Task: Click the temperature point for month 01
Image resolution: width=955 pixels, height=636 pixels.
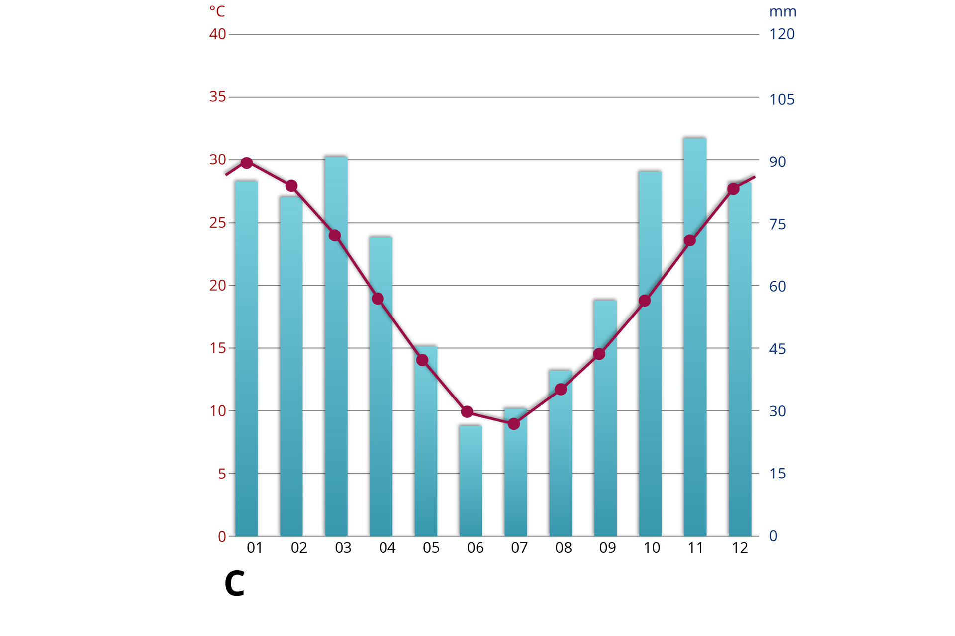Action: [247, 163]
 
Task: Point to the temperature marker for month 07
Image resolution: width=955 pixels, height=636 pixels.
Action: [514, 424]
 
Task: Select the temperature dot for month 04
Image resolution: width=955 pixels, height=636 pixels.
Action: [378, 299]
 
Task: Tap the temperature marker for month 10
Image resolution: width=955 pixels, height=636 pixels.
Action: [645, 301]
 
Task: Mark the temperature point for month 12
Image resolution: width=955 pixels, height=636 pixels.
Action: [733, 189]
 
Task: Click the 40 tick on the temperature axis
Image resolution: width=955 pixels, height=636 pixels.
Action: [218, 34]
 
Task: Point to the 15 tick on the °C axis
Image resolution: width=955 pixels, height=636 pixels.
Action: [218, 348]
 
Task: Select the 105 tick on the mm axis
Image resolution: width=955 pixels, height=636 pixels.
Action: [782, 100]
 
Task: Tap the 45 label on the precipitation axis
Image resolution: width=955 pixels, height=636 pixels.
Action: [777, 349]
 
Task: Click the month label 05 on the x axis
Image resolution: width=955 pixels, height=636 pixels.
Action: [431, 548]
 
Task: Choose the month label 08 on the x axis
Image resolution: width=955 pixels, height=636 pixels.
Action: [564, 548]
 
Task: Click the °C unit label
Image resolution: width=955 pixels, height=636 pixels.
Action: [217, 11]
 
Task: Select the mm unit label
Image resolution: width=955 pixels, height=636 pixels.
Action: [783, 12]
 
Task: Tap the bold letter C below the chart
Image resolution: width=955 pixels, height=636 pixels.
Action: [234, 584]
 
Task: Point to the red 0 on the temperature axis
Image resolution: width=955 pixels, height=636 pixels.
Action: [222, 536]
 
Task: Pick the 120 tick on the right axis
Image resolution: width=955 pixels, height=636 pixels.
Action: [782, 34]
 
